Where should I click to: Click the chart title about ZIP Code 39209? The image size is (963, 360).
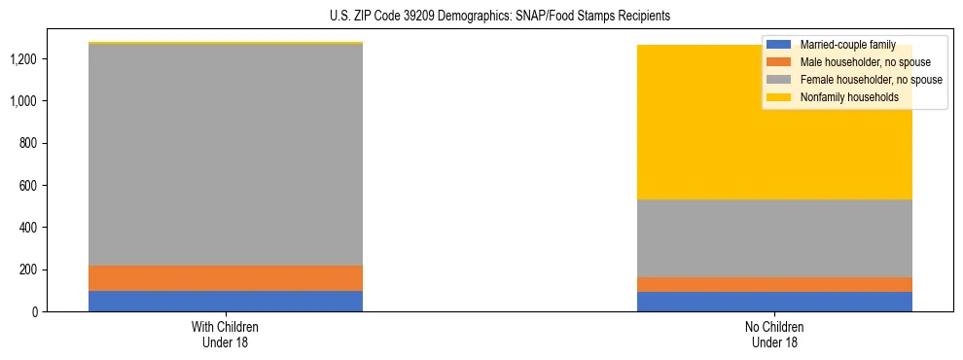click(501, 17)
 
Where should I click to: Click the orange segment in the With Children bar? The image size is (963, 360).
click(226, 278)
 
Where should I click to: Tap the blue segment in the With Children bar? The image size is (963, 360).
click(226, 301)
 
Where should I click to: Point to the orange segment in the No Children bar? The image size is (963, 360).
click(775, 284)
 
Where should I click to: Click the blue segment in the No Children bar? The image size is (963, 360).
click(775, 302)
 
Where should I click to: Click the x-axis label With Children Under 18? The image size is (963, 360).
click(226, 334)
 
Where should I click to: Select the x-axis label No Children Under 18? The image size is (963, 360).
click(775, 334)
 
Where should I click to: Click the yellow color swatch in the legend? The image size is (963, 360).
click(779, 97)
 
